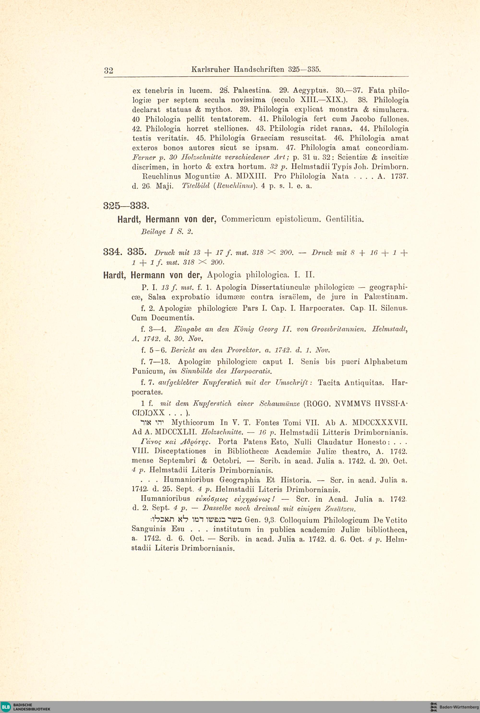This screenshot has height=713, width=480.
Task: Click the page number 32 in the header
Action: pyautogui.click(x=108, y=71)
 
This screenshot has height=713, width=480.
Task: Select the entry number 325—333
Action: pyautogui.click(x=126, y=206)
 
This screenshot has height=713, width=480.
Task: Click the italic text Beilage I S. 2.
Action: pyautogui.click(x=167, y=232)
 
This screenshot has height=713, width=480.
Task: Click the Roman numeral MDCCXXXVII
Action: pyautogui.click(x=380, y=423)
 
